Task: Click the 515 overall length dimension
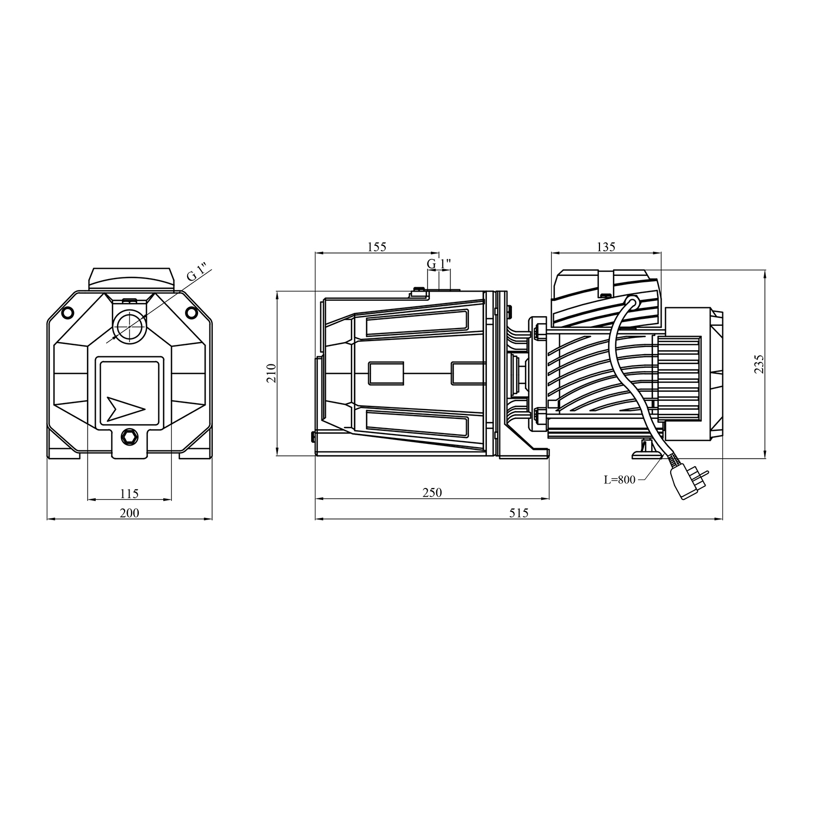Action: click(x=519, y=513)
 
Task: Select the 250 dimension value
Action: click(x=432, y=492)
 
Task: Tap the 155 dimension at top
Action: click(x=376, y=246)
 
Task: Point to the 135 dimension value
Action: click(x=606, y=246)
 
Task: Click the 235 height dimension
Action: click(x=759, y=363)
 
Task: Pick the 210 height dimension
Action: click(x=272, y=373)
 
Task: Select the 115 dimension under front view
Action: click(x=129, y=493)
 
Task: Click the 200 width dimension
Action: click(x=129, y=513)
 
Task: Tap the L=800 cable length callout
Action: click(x=620, y=480)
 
